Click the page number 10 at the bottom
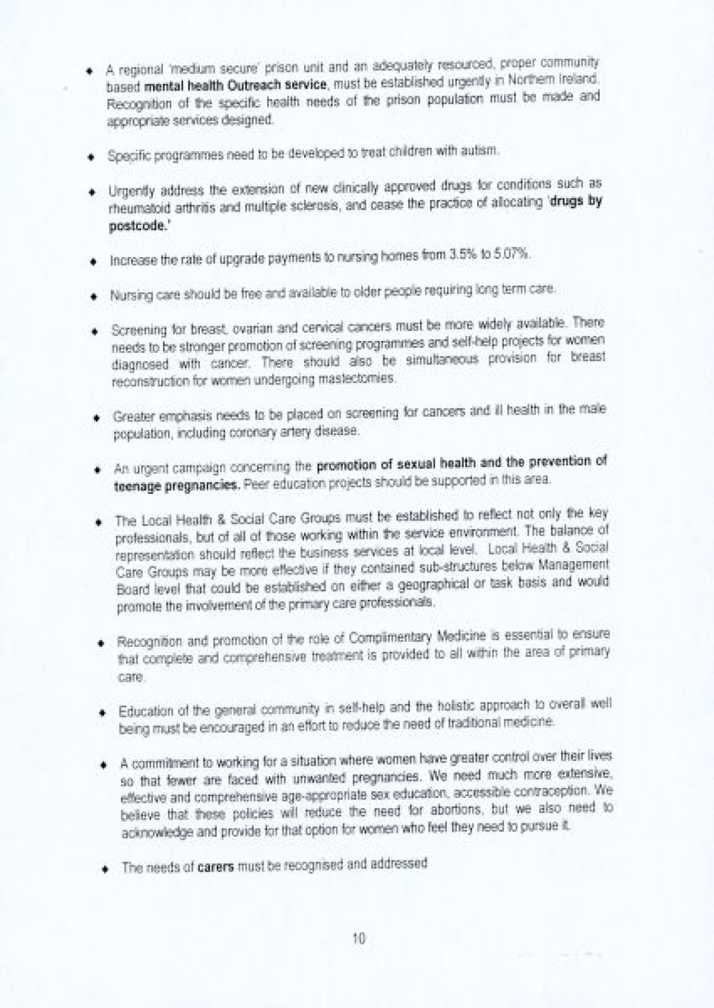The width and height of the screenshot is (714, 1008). (358, 939)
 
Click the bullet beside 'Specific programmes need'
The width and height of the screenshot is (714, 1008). (91, 158)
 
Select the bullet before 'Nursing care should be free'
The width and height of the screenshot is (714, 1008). (93, 296)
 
